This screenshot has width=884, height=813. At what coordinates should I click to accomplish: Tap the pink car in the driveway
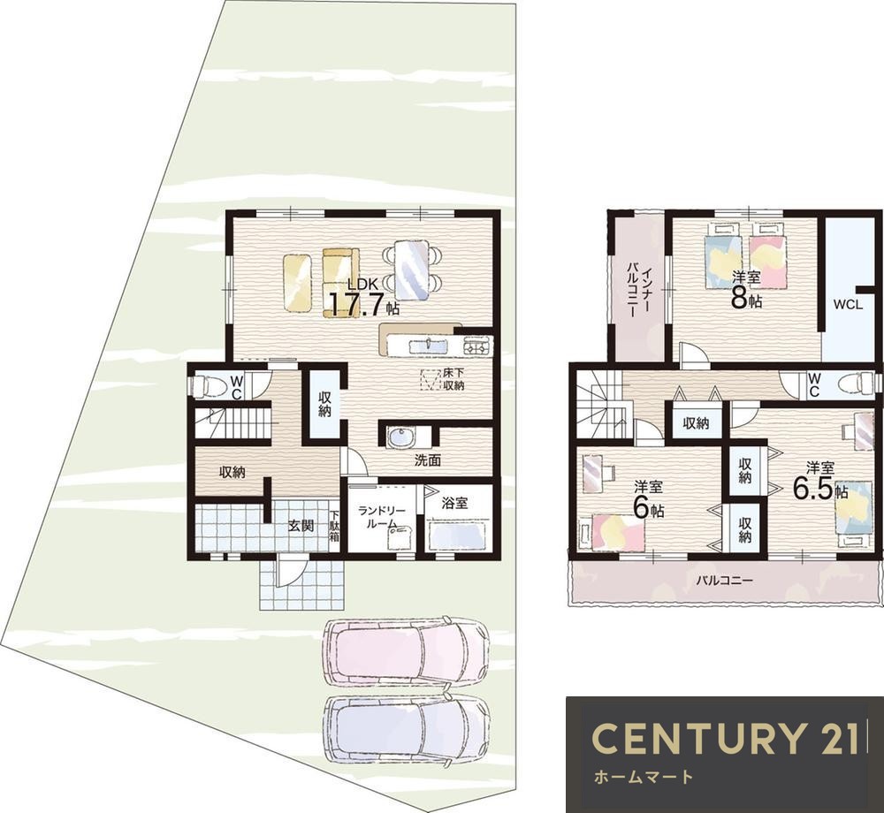tap(405, 653)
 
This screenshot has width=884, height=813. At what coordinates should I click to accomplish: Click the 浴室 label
tap(454, 503)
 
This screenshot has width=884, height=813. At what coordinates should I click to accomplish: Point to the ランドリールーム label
tap(382, 517)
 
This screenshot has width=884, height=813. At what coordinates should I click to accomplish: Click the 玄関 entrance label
tap(301, 526)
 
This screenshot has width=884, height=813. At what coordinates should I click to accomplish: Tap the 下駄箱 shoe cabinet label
tap(335, 526)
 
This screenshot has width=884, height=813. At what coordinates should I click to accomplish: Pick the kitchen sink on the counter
tap(428, 346)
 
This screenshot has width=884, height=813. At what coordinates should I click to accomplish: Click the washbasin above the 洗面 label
tap(400, 437)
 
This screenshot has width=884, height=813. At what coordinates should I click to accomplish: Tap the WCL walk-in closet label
tap(848, 305)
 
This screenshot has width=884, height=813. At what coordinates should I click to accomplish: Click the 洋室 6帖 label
tap(648, 500)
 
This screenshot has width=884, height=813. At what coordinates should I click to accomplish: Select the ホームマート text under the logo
tap(644, 778)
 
